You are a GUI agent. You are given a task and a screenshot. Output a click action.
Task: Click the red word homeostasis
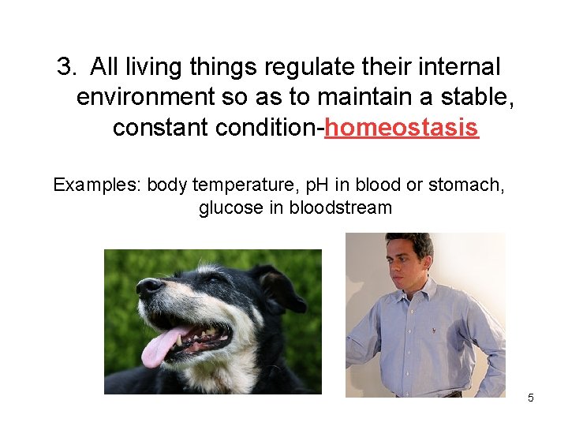(402, 128)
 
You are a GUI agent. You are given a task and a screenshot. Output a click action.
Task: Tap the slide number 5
(531, 398)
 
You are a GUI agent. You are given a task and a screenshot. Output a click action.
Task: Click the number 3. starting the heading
(69, 68)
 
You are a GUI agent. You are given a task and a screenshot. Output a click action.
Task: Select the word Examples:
(96, 185)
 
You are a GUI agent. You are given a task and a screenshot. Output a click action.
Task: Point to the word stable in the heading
(470, 98)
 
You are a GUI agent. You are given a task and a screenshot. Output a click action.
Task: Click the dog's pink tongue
(161, 347)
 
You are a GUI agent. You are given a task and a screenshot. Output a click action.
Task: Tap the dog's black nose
(149, 287)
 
